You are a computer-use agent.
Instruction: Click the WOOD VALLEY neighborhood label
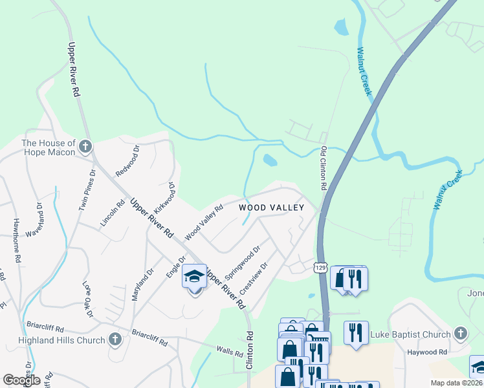(x=271, y=208)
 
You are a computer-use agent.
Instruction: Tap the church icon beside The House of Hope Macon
(x=85, y=147)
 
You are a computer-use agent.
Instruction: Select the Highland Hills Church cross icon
(x=115, y=339)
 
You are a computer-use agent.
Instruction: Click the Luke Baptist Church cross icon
(x=460, y=334)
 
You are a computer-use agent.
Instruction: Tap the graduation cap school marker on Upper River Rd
(x=194, y=277)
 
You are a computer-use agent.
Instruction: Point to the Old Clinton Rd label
(x=324, y=166)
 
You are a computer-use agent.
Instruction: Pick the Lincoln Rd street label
(x=111, y=212)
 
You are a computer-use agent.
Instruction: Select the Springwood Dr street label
(x=242, y=263)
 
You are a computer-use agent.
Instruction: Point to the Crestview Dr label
(x=254, y=276)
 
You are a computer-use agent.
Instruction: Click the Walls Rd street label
(x=229, y=352)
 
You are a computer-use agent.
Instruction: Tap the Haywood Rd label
(x=427, y=352)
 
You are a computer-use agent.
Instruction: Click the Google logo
(x=21, y=380)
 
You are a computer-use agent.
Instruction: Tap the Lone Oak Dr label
(x=88, y=298)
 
